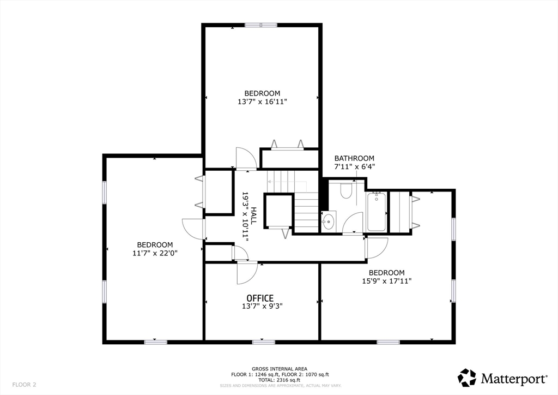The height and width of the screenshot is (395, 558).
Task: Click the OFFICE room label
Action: tap(260, 298)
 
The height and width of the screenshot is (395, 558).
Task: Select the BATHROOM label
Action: tap(354, 158)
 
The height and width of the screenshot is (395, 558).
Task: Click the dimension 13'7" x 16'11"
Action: tap(262, 101)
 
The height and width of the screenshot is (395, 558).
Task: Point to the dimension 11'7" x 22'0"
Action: tap(155, 253)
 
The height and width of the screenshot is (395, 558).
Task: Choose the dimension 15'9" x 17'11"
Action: tap(386, 281)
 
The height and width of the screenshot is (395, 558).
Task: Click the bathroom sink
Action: tap(328, 222)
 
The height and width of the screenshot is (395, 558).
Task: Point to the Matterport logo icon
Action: tap(467, 378)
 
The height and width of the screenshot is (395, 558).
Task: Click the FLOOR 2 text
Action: tap(25, 385)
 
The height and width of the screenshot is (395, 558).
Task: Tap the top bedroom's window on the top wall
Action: tap(260, 25)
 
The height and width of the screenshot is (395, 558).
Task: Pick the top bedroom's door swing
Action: tap(245, 158)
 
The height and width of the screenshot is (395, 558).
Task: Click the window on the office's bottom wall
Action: tap(263, 342)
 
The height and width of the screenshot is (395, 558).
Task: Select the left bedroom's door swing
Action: tap(193, 228)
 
